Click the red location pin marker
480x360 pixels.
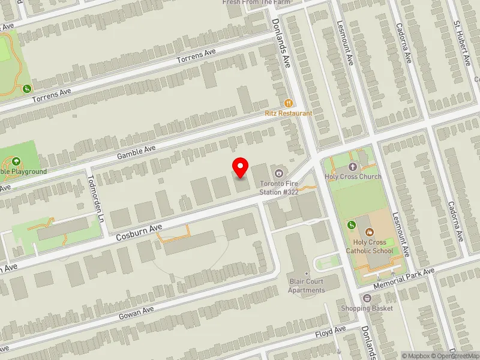pos(241,167)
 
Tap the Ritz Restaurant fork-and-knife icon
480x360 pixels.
pos(289,103)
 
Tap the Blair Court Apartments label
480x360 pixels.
pos(306,286)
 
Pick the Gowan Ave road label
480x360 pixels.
pos(137,312)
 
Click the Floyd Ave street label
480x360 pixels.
pos(331,331)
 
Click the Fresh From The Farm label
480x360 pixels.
pos(256,2)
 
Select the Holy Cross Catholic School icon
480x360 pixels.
pos(370,232)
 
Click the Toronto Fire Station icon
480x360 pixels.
pos(278,174)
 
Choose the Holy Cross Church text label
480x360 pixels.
pos(353,176)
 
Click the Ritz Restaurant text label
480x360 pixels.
pos(289,113)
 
